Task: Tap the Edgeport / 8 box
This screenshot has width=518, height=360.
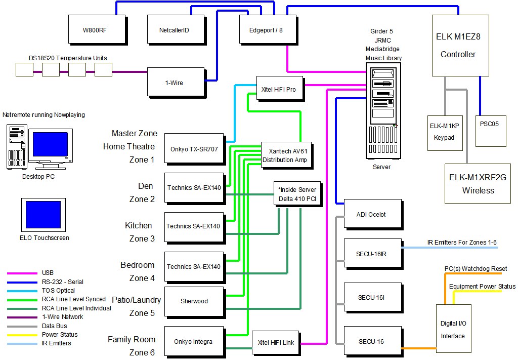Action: [x=266, y=30]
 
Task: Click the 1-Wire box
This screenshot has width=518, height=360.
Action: [x=175, y=82]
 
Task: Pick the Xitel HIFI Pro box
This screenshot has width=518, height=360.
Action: [x=280, y=89]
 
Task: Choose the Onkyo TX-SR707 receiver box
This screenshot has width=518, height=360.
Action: [x=194, y=149]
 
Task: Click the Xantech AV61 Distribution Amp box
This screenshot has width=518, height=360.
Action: [x=284, y=155]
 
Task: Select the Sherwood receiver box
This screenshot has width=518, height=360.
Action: [x=194, y=301]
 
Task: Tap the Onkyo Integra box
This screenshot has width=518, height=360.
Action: [x=194, y=341]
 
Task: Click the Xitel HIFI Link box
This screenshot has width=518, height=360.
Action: [x=276, y=342]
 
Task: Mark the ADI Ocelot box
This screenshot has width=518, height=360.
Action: [x=372, y=214]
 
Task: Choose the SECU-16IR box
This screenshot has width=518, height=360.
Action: [x=372, y=254]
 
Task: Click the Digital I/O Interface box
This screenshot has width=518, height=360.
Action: [x=453, y=329]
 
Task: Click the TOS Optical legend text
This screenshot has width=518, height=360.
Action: [x=58, y=291]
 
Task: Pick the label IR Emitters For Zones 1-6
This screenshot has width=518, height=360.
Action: [x=462, y=243]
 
